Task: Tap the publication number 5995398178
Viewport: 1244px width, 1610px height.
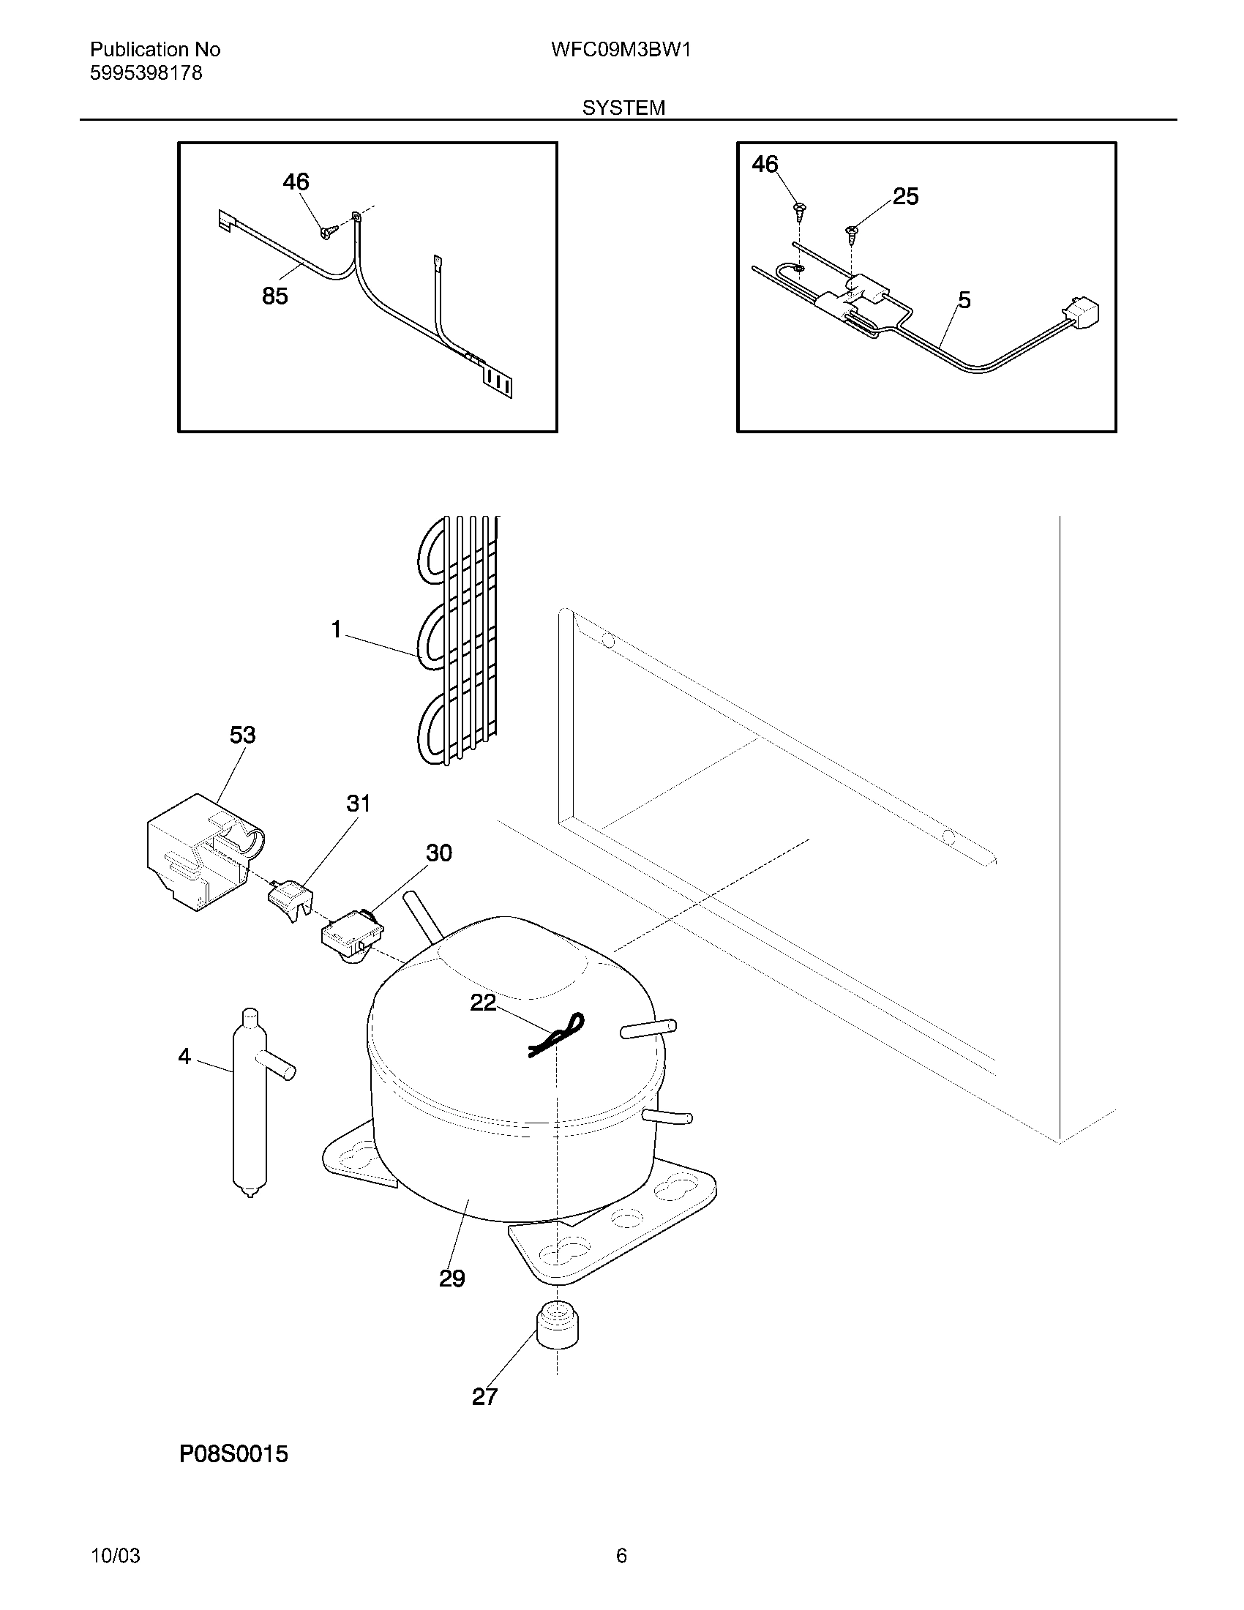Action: [146, 73]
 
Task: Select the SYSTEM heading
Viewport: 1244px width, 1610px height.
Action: [623, 108]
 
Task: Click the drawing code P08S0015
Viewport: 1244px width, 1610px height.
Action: [233, 1454]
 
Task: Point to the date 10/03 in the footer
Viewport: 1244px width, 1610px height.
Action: [115, 1556]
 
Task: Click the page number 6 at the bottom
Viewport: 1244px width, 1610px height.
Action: [621, 1556]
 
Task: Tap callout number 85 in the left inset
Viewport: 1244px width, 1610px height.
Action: [275, 296]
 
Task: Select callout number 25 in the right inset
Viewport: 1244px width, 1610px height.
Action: [906, 196]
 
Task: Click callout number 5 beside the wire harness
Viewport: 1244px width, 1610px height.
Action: [964, 300]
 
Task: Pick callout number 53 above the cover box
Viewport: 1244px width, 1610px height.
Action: [242, 735]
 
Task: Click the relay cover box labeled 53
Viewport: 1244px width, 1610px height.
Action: [199, 855]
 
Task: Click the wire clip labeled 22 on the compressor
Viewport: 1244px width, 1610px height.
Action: [556, 1034]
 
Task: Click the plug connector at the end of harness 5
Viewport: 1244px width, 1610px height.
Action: [1079, 312]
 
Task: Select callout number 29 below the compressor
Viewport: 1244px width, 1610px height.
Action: [451, 1278]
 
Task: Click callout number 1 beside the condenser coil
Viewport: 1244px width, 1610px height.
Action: [336, 629]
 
